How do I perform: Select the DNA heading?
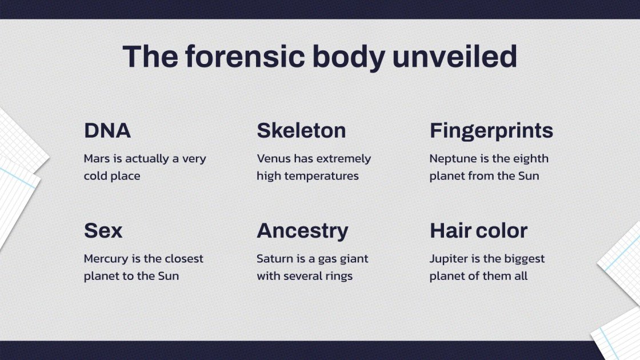[107, 131]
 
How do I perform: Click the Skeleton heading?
[301, 131]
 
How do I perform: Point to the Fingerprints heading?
[491, 131]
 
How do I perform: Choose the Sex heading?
[103, 231]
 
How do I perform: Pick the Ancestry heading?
[302, 231]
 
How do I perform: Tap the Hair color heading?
[478, 231]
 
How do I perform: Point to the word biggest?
[525, 259]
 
